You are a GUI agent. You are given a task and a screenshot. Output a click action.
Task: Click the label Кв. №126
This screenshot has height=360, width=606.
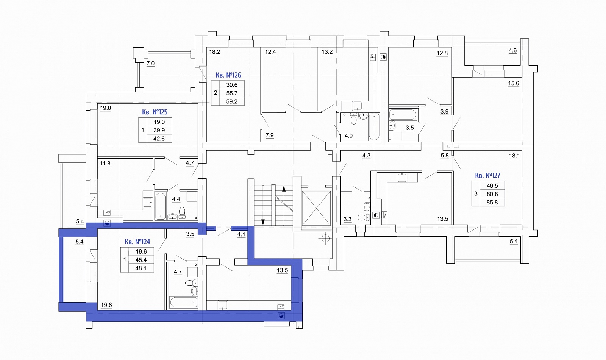click(228, 75)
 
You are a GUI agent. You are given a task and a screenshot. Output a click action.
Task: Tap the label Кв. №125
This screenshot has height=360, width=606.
click(155, 112)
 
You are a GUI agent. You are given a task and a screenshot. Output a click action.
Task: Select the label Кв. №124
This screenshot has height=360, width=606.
click(137, 242)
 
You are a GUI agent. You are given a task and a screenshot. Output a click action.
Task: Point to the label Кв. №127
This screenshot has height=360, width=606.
click(487, 175)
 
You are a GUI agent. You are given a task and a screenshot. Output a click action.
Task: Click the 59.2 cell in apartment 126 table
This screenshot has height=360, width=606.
click(232, 101)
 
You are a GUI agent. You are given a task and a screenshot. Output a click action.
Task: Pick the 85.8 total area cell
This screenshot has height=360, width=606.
click(492, 202)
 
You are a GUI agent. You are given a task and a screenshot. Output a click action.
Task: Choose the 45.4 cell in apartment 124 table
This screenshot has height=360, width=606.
click(141, 260)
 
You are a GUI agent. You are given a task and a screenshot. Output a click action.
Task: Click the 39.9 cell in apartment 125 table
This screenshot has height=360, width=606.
click(159, 130)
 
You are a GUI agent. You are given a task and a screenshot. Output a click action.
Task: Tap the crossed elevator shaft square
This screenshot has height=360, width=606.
click(316, 208)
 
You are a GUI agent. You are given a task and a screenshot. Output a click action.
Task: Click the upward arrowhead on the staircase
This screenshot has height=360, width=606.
click(284, 189)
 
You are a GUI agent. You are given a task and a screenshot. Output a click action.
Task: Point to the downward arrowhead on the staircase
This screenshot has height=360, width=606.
click(263, 222)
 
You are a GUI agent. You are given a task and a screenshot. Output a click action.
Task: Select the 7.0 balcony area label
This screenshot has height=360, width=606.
click(150, 64)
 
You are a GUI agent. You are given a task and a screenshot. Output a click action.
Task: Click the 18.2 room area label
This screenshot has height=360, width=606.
click(214, 52)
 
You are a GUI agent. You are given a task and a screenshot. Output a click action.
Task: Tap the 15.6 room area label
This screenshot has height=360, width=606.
click(514, 83)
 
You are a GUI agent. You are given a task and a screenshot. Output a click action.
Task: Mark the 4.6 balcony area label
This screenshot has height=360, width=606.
click(513, 51)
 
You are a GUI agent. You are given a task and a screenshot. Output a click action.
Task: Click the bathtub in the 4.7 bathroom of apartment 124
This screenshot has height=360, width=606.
click(183, 302)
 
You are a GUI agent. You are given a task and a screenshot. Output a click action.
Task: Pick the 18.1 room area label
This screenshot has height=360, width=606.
click(514, 156)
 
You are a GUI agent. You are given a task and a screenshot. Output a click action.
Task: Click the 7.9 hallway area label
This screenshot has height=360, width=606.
click(269, 135)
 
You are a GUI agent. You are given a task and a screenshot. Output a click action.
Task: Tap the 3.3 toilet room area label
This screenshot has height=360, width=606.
click(347, 219)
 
